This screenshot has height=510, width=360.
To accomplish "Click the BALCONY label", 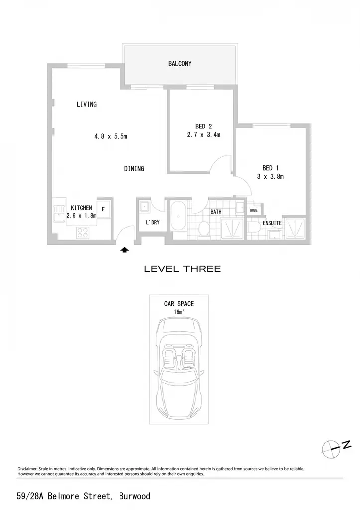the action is point(180,63).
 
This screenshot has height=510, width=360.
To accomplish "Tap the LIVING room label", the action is point(87,104).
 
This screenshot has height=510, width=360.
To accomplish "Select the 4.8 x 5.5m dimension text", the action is point(111,136).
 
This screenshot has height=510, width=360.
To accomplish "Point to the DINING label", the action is point(134,168).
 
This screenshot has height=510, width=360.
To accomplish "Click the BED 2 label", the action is point(204,126).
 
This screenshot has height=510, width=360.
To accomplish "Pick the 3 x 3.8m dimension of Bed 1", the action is point(270,177).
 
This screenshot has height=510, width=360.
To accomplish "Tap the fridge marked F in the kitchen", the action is point(104,209).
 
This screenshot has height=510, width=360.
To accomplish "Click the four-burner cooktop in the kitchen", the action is point(83,232).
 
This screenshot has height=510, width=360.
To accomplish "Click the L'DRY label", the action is point(152,223).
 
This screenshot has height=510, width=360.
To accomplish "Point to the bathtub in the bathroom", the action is point(178,216).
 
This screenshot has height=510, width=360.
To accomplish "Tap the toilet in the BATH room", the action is point(204,229).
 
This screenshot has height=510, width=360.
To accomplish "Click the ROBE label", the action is point(254,211).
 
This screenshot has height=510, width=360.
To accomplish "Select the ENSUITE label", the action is point(272,223).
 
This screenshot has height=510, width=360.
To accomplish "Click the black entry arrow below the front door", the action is point(125,250).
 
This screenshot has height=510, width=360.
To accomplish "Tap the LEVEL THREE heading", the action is point(182,269).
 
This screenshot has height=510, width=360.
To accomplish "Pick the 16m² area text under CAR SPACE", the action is point(179,312).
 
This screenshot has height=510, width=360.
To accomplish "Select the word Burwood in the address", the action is point(134,496).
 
